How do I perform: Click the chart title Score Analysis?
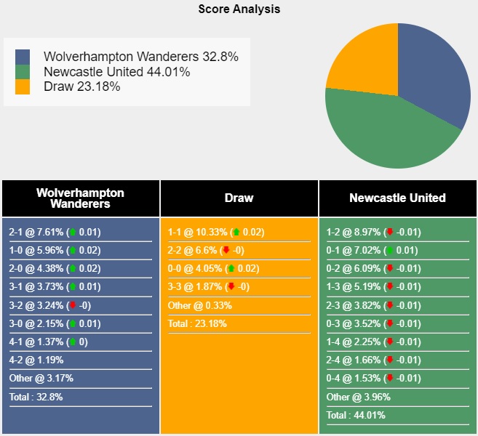239,9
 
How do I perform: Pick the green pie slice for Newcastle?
386,134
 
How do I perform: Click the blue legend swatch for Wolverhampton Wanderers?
23,57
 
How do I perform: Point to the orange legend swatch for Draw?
23,86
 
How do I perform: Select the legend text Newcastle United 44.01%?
116,72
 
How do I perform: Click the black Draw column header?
239,198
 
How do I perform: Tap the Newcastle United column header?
397,198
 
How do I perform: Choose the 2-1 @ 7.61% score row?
55,233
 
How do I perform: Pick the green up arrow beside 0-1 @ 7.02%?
389,251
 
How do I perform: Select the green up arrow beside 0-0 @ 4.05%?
231,269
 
